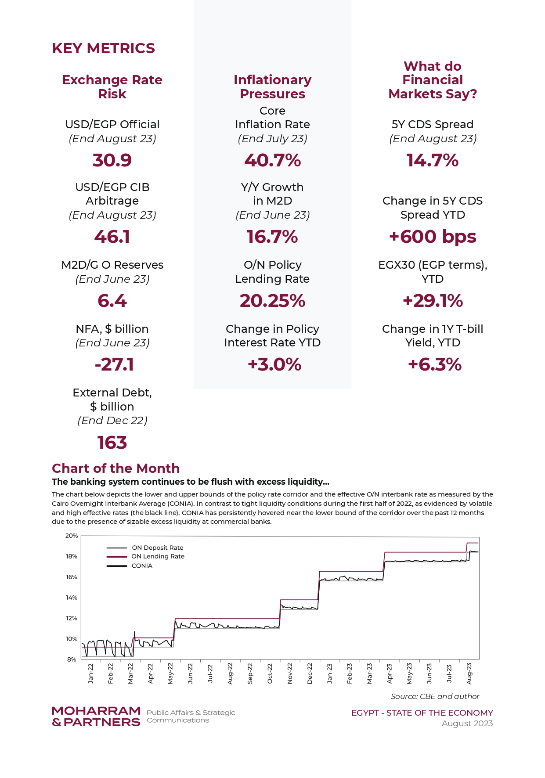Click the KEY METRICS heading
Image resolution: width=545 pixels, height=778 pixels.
click(x=103, y=48)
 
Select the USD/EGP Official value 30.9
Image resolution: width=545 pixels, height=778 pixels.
click(x=112, y=160)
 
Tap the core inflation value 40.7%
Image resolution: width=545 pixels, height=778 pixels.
click(x=272, y=160)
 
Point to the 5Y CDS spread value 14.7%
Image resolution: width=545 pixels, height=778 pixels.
click(x=433, y=160)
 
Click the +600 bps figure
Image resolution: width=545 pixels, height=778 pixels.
click(x=433, y=237)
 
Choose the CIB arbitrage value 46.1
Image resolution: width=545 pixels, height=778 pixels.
click(x=112, y=237)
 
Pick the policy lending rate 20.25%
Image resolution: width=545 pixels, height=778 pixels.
click(x=272, y=301)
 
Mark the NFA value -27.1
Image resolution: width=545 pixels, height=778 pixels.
click(x=114, y=364)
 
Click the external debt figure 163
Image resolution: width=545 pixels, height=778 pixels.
click(x=112, y=443)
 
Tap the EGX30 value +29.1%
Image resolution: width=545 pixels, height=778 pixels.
click(x=433, y=301)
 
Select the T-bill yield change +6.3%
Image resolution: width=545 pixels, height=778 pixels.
click(x=435, y=364)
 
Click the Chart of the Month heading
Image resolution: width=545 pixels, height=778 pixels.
click(x=115, y=468)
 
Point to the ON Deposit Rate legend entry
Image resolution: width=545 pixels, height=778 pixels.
click(x=145, y=547)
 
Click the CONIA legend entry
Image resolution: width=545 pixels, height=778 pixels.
click(x=130, y=566)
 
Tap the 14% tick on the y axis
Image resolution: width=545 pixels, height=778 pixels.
click(x=72, y=598)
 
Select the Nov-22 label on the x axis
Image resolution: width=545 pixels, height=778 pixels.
click(x=290, y=673)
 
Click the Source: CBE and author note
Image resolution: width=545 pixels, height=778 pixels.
click(x=435, y=696)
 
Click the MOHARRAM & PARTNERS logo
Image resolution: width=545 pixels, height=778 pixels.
click(x=96, y=717)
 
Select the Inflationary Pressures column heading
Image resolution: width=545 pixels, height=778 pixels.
click(x=272, y=87)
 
